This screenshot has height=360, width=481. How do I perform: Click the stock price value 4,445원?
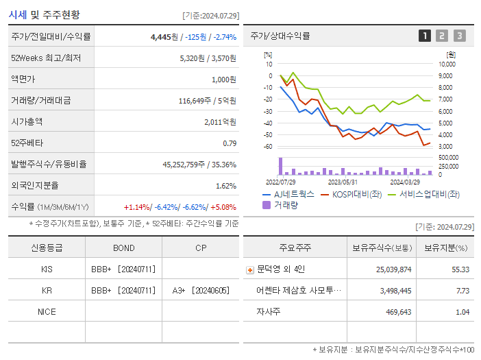click(164, 37)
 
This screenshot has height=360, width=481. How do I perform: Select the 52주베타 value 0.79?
click(230, 143)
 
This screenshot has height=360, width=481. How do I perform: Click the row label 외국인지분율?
click(34, 186)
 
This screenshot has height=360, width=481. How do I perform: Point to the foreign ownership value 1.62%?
click(225, 186)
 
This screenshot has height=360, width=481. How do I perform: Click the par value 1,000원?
click(223, 80)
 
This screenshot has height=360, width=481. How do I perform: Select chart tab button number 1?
click(425, 36)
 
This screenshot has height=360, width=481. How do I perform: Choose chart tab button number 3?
click(459, 36)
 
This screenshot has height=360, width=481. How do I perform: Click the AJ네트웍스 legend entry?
click(288, 194)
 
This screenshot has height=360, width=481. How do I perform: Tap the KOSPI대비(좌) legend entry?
click(351, 194)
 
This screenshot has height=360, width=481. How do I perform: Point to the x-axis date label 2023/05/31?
click(343, 182)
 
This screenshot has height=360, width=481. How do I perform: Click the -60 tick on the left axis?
click(268, 147)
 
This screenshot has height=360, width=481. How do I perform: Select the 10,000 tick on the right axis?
click(447, 64)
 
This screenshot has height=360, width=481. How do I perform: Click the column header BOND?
click(123, 248)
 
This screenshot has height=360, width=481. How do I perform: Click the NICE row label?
click(47, 311)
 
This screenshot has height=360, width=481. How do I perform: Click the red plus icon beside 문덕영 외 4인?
click(250, 269)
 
